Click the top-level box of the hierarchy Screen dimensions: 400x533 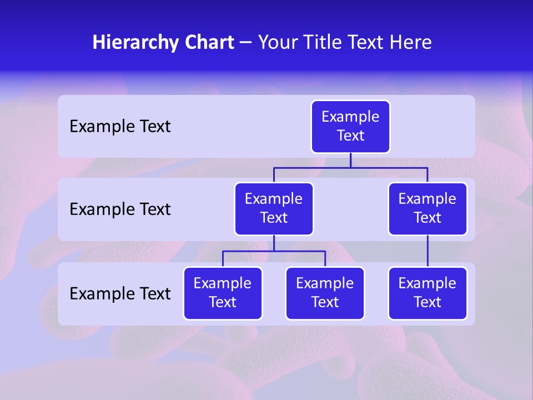click(x=350, y=127)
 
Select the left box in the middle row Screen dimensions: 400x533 click(x=274, y=209)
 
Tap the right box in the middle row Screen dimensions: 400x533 click(x=428, y=209)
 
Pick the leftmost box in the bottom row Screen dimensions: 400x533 click(x=223, y=293)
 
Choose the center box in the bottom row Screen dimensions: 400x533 click(x=325, y=293)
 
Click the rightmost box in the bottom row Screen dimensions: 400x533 click(x=428, y=293)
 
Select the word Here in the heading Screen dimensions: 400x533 click(x=411, y=42)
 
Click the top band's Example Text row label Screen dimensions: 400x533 click(x=120, y=127)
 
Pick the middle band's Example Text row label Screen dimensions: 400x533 click(x=120, y=209)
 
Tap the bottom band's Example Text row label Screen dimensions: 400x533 click(x=120, y=293)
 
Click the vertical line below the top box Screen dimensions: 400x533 click(x=350, y=160)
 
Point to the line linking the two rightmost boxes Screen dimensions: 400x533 click(x=428, y=251)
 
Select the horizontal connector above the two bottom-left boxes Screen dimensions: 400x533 click(x=274, y=251)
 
